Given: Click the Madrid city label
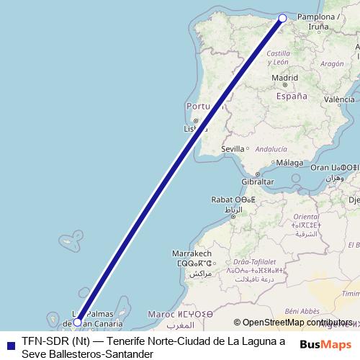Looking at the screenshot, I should pos(285,78).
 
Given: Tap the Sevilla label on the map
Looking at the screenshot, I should pos(233,148).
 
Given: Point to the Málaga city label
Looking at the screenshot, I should pos(290,163).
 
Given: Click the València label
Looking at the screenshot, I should pos(340,99).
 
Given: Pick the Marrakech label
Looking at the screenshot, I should pos(192,254).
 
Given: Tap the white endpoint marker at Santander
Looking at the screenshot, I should pos(282,18).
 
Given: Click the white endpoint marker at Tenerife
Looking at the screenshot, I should pos(78,323).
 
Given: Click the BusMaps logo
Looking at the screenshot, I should pos(326,344).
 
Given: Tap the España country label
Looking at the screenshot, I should pos(292,96).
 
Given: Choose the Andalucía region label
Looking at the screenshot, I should pos(261,149).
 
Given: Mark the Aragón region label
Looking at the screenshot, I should pos(332,63).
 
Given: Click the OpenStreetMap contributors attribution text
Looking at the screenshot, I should pos(297,323).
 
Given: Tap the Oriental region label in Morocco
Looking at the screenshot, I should pos(306,216).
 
